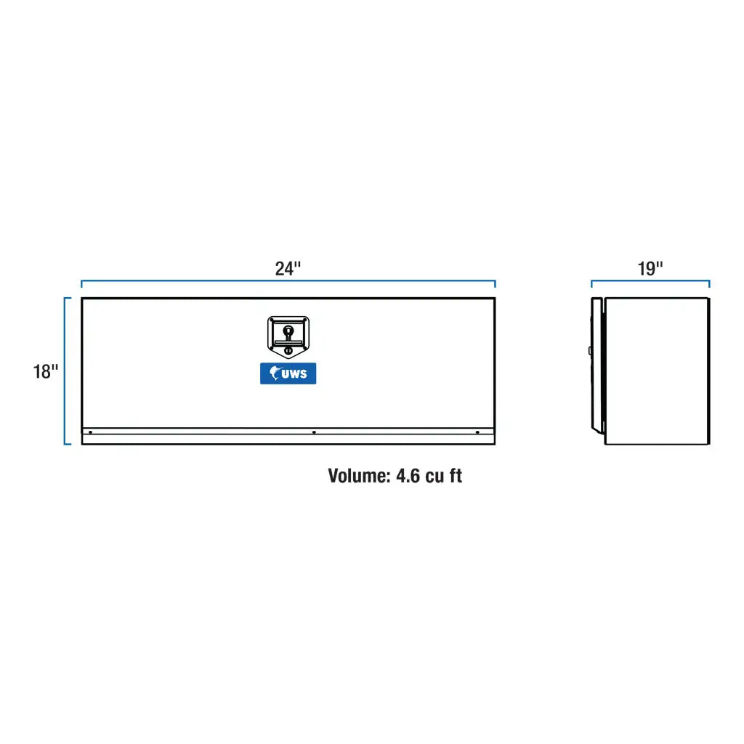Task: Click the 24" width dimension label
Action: click(288, 269)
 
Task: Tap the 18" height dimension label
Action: click(46, 371)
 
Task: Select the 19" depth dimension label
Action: click(650, 269)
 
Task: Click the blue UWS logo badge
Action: click(288, 373)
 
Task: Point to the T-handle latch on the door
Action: click(288, 336)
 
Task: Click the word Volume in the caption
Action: click(359, 476)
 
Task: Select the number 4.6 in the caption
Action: click(408, 476)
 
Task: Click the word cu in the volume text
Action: click(434, 477)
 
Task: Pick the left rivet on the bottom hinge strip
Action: click(90, 432)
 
